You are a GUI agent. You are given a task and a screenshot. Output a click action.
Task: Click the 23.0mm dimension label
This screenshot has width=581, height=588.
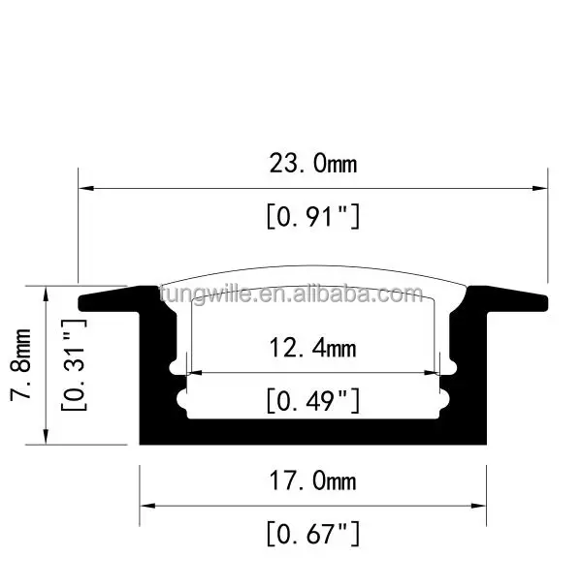click(313, 163)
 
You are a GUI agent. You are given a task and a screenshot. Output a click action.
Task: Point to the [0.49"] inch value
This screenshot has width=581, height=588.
click(313, 399)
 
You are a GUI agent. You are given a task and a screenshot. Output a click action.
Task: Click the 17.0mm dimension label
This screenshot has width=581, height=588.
click(313, 480)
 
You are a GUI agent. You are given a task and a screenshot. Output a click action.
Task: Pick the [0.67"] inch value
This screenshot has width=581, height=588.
click(313, 532)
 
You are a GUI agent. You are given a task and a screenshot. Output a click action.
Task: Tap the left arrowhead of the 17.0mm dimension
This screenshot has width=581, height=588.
click(146, 506)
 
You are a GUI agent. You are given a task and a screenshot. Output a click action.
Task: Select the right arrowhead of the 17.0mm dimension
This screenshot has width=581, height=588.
click(480, 506)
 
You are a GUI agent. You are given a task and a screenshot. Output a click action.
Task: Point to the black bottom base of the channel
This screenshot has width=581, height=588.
click(313, 431)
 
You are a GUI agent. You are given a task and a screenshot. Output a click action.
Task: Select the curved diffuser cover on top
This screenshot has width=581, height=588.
click(313, 275)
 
